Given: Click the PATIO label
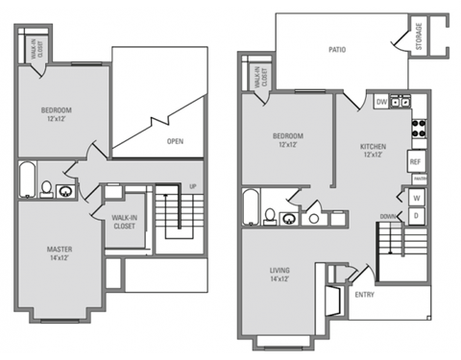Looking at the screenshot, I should point(336,49).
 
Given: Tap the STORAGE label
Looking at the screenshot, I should point(420,37).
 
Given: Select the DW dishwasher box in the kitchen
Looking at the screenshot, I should point(381,101).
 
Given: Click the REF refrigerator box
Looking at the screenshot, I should point(417,161).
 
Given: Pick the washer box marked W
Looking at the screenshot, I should point(417,198).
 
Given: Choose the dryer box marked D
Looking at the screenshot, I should point(417,215).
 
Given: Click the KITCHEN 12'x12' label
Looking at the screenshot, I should point(374,151).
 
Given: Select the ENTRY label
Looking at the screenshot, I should point(364,295).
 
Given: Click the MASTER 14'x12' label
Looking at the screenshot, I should point(61,254).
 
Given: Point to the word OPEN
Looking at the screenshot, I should point(175,140).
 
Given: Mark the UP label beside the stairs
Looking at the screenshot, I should point(193,186).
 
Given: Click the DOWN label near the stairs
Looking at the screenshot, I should point(387,215).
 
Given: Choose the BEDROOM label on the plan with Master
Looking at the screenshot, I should point(57,114).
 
